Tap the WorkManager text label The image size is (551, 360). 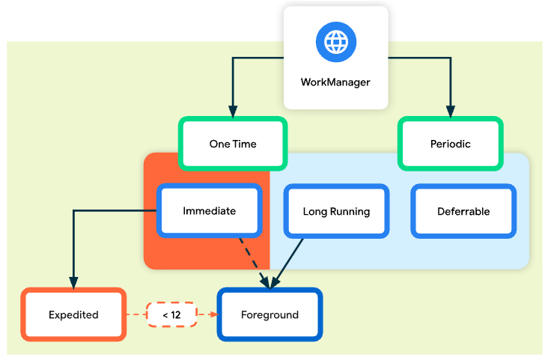335,82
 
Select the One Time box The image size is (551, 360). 232,144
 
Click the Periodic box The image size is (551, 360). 450,144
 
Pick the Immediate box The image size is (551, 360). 209,211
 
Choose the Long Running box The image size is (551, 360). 336,212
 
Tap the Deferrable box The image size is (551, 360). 463,212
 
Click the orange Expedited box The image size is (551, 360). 73,315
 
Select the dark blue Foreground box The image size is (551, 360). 270,315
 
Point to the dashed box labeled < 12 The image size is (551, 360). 171,315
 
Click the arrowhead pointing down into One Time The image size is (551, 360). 233,110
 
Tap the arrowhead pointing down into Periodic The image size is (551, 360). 450,110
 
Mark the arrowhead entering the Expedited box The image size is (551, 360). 73,283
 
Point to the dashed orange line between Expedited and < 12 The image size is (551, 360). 136,315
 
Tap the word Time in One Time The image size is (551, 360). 244,144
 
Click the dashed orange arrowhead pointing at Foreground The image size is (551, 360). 211,315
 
